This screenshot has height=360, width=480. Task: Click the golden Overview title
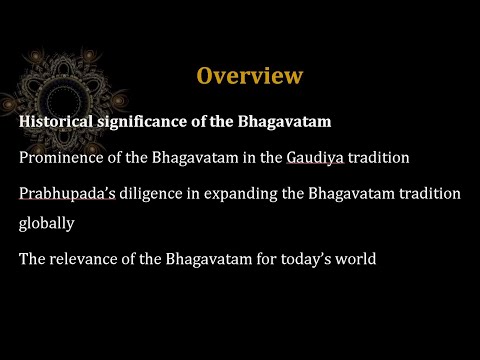click(249, 76)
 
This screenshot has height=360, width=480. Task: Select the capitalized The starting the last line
click(32, 260)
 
